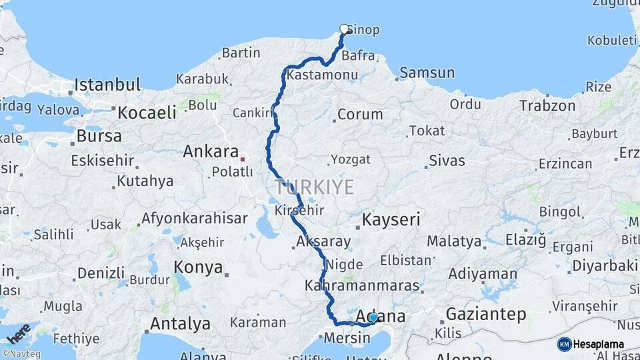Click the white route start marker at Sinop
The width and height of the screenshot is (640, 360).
click(x=344, y=29)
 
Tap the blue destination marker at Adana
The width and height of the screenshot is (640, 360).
click(x=373, y=318)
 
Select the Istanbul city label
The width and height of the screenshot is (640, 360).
click(x=107, y=85)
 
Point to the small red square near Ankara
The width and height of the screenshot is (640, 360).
click(x=243, y=159)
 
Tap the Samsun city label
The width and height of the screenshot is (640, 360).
click(x=427, y=73)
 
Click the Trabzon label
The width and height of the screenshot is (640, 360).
click(x=547, y=106)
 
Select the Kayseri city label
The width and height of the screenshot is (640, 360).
click(x=391, y=219)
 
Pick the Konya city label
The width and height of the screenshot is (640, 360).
click(x=198, y=268)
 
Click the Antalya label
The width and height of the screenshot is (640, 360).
click(x=180, y=324)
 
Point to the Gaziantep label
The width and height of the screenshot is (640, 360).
click(x=486, y=314)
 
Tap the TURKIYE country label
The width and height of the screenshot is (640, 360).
click(x=313, y=187)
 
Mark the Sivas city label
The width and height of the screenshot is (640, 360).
click(x=447, y=160)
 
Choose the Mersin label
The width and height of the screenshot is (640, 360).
click(x=347, y=337)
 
